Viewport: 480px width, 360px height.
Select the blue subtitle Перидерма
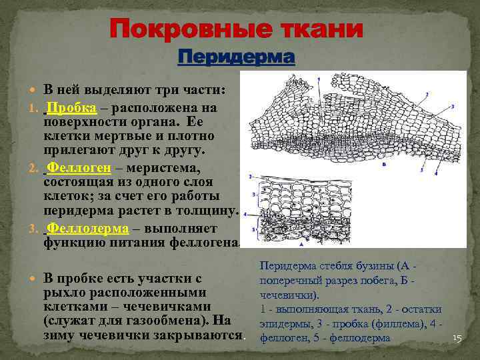(236, 57)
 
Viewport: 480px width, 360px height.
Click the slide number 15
(457, 339)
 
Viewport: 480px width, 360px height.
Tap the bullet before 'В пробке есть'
(35, 276)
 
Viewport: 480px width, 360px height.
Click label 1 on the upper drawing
(319, 79)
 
